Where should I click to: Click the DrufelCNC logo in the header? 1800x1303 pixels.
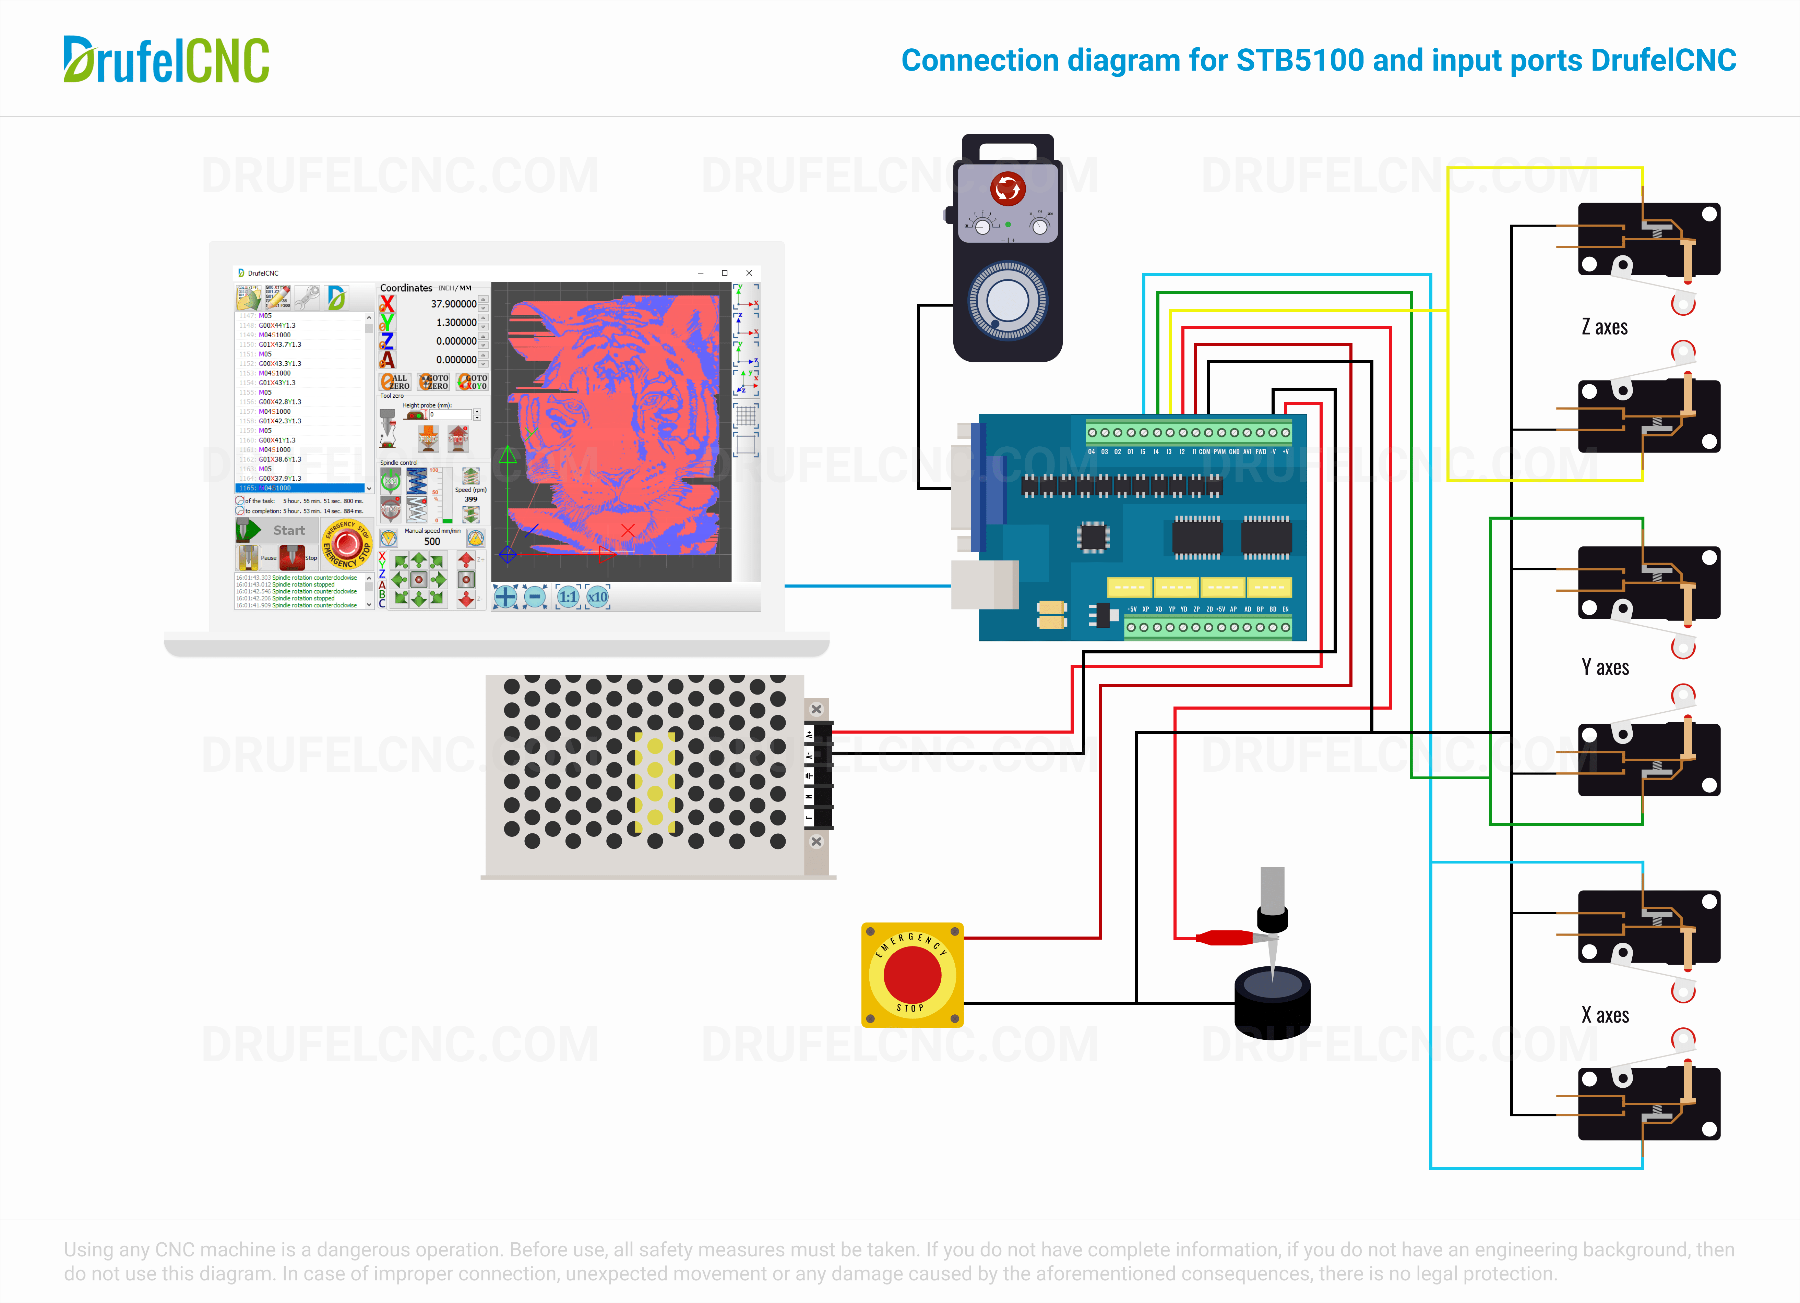coord(167,60)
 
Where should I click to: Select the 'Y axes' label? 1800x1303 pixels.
coord(1605,667)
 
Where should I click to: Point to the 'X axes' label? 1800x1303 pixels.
coord(1605,1015)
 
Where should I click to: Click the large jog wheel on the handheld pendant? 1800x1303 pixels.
coord(1007,302)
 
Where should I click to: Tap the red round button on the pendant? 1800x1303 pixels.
coord(1008,189)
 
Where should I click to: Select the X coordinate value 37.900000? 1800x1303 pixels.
coord(453,304)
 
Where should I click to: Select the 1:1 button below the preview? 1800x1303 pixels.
coord(568,597)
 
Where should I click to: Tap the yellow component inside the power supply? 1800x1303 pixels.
coord(655,782)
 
